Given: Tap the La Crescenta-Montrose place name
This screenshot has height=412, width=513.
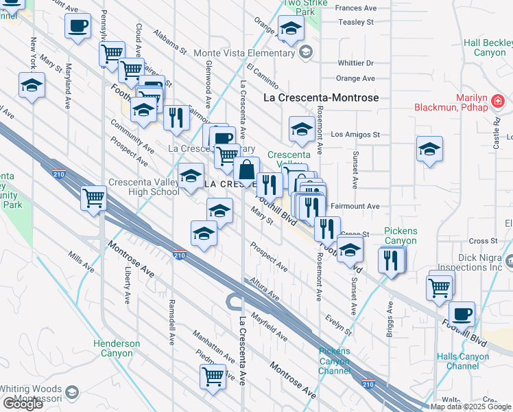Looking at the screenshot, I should (x=321, y=98).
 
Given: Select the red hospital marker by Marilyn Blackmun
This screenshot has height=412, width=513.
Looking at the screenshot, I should (x=499, y=102).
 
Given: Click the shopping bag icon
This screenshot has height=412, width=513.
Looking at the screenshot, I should (x=246, y=168).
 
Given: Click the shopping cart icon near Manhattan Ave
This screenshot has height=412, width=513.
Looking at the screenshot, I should (x=213, y=376).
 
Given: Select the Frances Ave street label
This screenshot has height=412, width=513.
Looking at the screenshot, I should (x=357, y=8).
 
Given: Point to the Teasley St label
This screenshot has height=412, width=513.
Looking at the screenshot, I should (x=355, y=22).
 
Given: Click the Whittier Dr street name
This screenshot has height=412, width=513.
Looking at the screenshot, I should (x=355, y=62).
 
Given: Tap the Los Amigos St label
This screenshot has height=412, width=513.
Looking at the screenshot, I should (x=355, y=135).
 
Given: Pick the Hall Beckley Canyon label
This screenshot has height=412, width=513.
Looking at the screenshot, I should (x=488, y=47).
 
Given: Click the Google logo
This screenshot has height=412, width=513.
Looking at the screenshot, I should (x=22, y=404).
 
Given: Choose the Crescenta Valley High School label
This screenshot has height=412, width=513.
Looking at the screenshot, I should (x=144, y=187).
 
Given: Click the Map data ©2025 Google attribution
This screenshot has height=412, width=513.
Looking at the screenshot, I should (x=470, y=407).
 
